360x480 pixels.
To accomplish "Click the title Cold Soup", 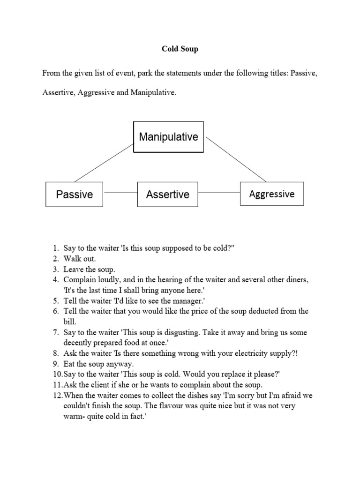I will click(180, 49).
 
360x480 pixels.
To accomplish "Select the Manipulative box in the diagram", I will click(168, 137).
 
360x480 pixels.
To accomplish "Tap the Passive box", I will click(75, 194).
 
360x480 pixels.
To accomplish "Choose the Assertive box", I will click(168, 194).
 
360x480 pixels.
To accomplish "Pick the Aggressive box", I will click(272, 194).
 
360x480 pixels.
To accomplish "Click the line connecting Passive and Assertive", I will click(120, 192).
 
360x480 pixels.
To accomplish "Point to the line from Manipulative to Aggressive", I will click(236, 159).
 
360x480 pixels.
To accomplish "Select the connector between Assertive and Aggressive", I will click(219, 192).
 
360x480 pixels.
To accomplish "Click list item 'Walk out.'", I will click(80, 259).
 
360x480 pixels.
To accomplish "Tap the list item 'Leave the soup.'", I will click(90, 270).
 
